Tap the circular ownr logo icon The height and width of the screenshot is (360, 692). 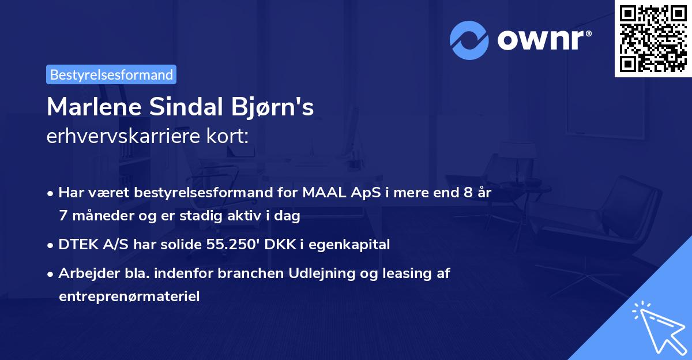tap(469, 40)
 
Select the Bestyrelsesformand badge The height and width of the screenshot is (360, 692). tap(111, 74)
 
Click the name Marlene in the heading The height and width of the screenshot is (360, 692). tap(91, 107)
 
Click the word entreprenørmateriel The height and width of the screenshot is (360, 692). tap(129, 297)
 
